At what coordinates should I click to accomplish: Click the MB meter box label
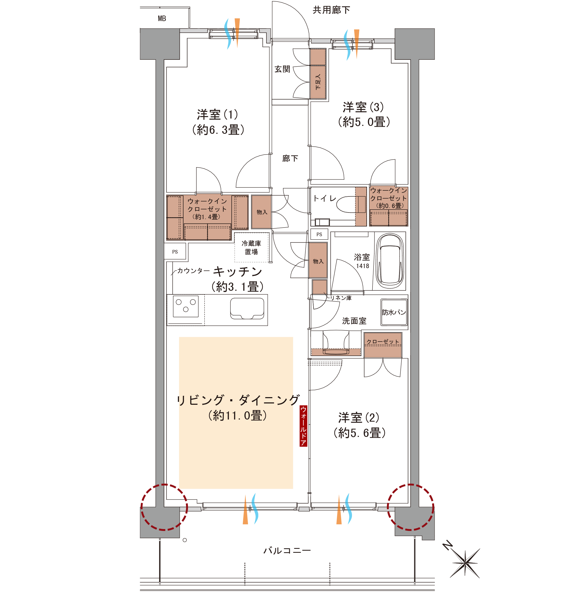point(162,18)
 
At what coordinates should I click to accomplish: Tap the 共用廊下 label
point(331,10)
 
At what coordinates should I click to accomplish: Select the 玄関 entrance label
point(282,69)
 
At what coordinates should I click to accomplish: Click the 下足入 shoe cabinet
point(318,74)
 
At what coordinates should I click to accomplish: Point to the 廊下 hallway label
point(290,158)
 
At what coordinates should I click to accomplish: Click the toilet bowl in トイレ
point(351,204)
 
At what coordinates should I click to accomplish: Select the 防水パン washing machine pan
point(394,312)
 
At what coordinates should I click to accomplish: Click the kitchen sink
point(247,308)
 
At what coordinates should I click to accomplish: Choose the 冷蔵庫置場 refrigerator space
point(251,247)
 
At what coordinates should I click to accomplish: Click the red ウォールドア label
point(303,426)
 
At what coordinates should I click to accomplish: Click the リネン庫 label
point(341,298)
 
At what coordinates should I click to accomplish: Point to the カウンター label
point(193,270)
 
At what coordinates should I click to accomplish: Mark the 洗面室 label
point(354,321)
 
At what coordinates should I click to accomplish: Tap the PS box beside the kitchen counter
point(175,251)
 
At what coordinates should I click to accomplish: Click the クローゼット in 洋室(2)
point(383,345)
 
